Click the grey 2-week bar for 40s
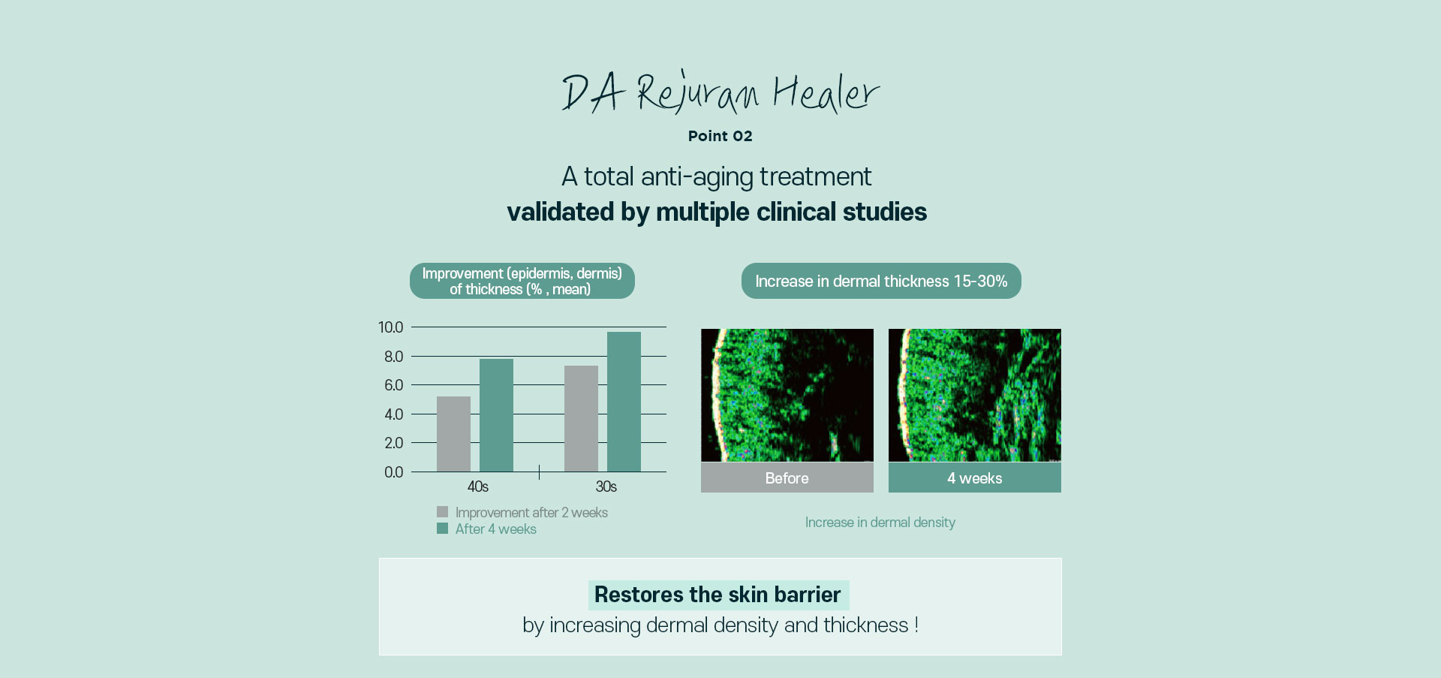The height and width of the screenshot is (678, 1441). click(x=453, y=434)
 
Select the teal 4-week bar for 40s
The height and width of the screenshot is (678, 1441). click(x=496, y=415)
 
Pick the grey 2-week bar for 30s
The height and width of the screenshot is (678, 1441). click(x=581, y=419)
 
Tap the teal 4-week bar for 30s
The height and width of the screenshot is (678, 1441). click(x=624, y=402)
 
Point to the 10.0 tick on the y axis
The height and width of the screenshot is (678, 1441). click(x=391, y=327)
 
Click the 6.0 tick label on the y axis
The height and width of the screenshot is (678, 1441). click(x=394, y=385)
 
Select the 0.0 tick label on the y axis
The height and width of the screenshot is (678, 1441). click(x=394, y=472)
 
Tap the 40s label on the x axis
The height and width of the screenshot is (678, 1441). click(x=478, y=487)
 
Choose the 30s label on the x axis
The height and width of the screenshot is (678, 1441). click(x=606, y=487)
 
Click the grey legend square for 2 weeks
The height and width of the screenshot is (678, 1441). click(x=442, y=512)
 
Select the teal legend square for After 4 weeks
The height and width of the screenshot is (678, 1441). click(x=442, y=529)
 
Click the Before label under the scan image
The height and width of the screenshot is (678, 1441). click(x=787, y=478)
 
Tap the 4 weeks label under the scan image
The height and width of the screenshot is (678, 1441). click(x=975, y=478)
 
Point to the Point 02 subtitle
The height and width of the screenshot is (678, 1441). click(x=720, y=136)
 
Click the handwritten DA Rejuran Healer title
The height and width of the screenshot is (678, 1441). click(x=720, y=92)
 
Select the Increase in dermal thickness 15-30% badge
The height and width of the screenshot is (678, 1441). click(x=881, y=281)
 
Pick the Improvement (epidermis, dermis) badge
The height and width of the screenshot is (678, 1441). click(x=522, y=281)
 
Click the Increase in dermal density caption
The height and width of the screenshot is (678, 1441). click(x=880, y=523)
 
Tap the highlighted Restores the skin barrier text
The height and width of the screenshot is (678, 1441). click(x=718, y=595)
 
